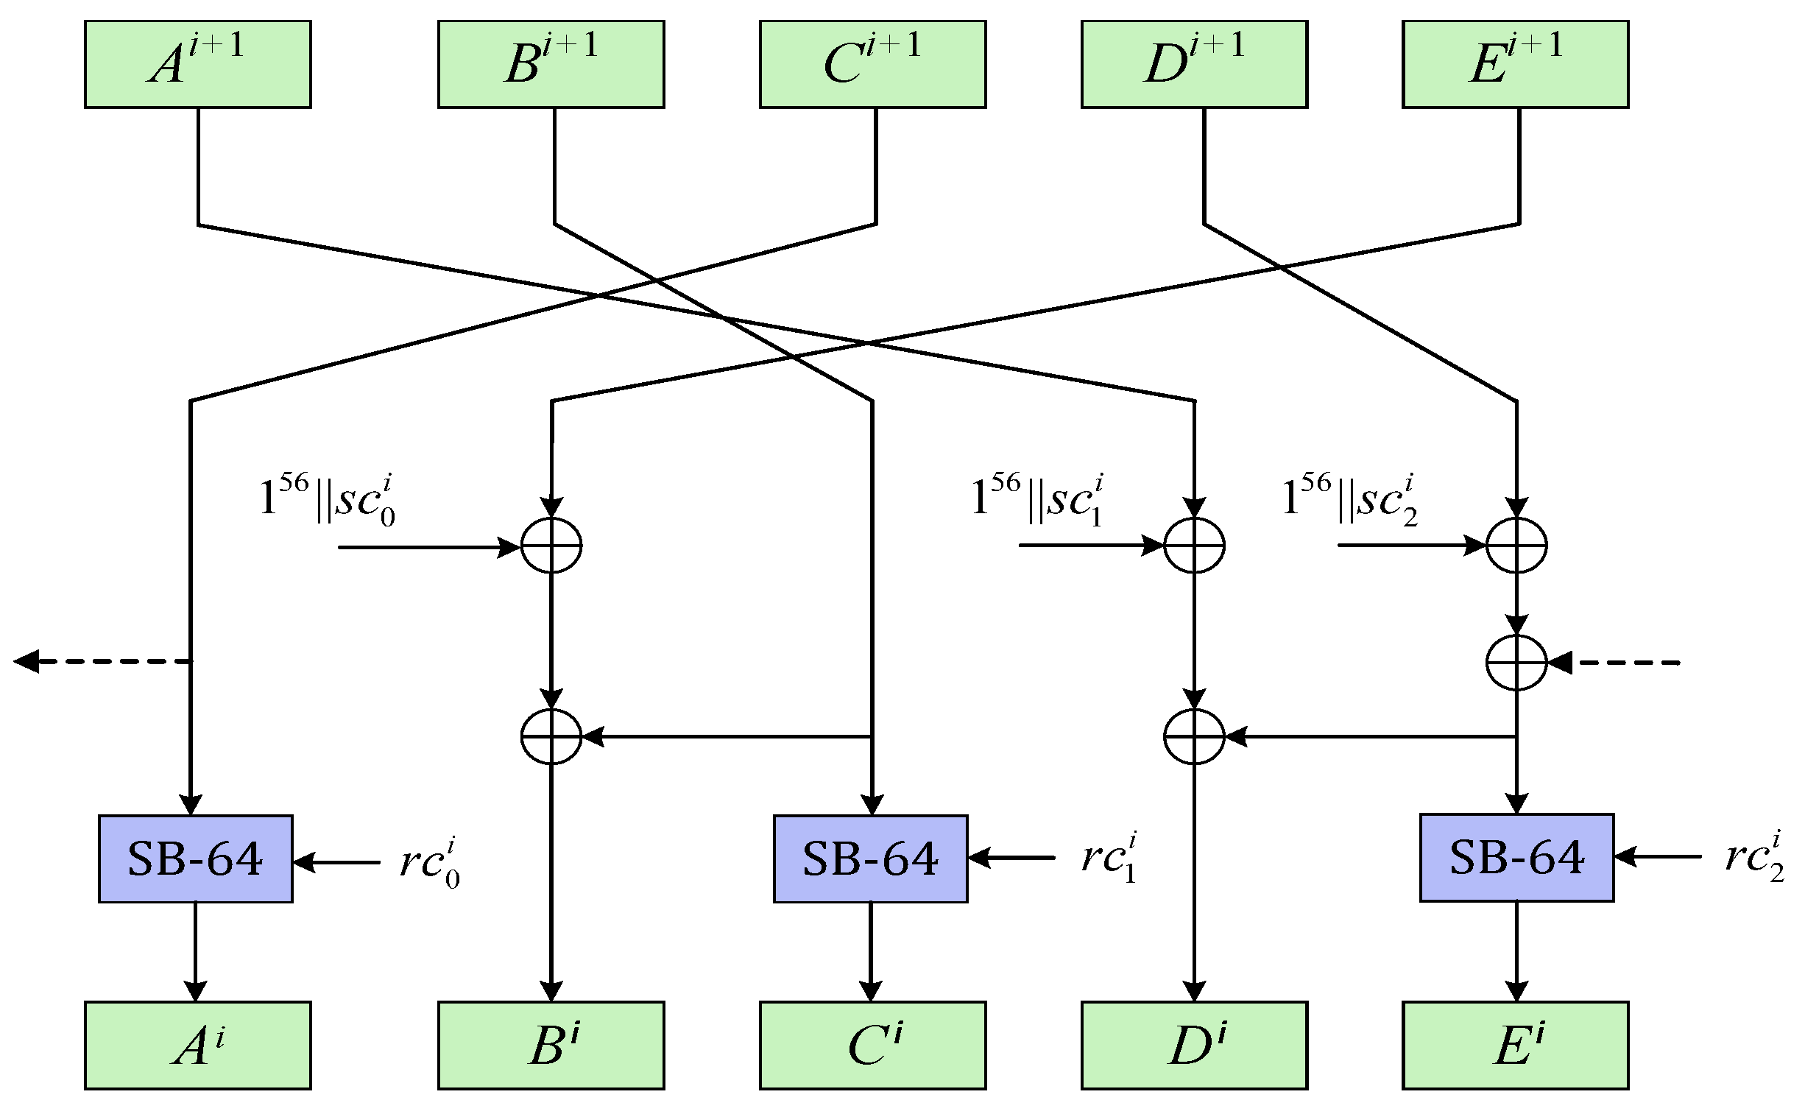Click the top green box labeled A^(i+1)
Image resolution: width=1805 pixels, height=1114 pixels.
[x=197, y=64]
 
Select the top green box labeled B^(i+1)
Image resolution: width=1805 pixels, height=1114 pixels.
[x=551, y=64]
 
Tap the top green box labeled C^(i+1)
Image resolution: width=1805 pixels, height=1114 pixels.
[x=872, y=64]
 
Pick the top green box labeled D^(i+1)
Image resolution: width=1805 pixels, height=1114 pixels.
[x=1194, y=64]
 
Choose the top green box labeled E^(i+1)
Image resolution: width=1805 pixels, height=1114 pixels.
[x=1515, y=64]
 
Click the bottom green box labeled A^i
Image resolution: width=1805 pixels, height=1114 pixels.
[x=197, y=1045]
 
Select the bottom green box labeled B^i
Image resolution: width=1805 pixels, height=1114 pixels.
[x=551, y=1045]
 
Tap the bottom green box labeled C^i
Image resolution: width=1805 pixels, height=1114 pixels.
[x=872, y=1045]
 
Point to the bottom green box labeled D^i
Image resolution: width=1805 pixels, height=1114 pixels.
[x=1194, y=1045]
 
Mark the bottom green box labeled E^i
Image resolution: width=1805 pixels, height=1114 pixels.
[x=1515, y=1045]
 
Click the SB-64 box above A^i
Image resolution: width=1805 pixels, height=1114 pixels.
[x=195, y=859]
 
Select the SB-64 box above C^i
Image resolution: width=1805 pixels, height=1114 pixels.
[x=869, y=859]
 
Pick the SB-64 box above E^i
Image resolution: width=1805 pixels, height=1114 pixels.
[x=1516, y=857]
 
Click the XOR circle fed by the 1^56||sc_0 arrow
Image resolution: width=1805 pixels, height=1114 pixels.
[x=551, y=546]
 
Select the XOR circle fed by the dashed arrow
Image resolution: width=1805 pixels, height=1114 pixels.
[x=1516, y=663]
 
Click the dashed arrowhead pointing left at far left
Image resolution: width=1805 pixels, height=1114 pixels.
[x=27, y=661]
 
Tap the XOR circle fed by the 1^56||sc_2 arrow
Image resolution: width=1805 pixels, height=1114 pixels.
[x=1516, y=545]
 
